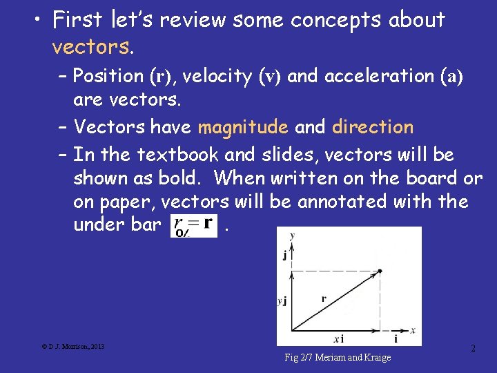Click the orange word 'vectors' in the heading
pyautogui.click(x=91, y=47)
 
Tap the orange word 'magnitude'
pyautogui.click(x=242, y=127)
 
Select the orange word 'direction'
pyautogui.click(x=373, y=127)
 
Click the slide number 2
pyautogui.click(x=473, y=349)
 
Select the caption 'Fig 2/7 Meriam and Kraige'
pyautogui.click(x=338, y=357)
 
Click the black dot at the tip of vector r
pyautogui.click(x=379, y=271)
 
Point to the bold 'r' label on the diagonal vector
pyautogui.click(x=323, y=298)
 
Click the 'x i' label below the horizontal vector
pyautogui.click(x=338, y=339)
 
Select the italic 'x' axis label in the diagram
pyautogui.click(x=413, y=330)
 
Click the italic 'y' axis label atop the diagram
pyautogui.click(x=293, y=235)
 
